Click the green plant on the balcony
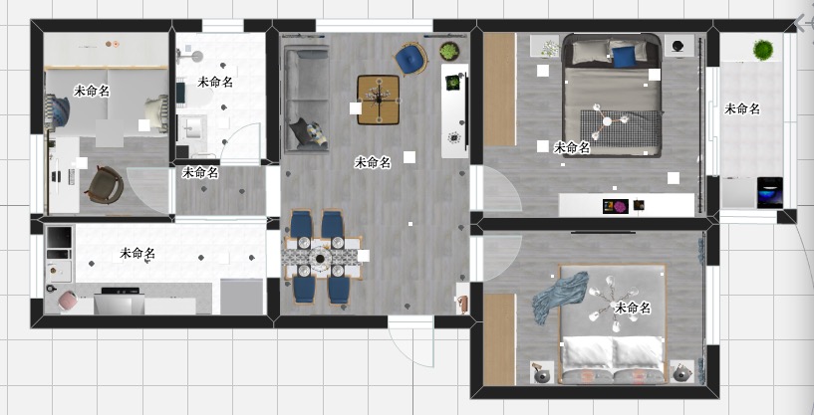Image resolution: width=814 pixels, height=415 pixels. click(x=762, y=50)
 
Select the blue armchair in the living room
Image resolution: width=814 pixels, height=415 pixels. click(x=411, y=58)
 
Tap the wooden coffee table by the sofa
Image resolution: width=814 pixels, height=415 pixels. click(x=379, y=100)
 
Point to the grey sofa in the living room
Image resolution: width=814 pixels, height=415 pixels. click(x=307, y=99)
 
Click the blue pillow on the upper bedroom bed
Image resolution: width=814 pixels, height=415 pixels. click(x=624, y=57)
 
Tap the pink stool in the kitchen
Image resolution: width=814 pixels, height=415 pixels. click(x=67, y=301)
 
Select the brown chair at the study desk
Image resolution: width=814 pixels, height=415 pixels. click(x=105, y=185)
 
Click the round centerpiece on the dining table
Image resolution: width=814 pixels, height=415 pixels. click(x=320, y=258)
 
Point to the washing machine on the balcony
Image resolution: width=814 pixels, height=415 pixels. click(x=769, y=192)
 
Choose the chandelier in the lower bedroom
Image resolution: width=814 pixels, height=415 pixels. click(x=613, y=305)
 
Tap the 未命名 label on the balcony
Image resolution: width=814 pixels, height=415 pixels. click(x=742, y=108)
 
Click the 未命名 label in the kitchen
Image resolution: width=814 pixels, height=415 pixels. click(x=137, y=253)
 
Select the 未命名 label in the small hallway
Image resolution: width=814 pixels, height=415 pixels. click(x=200, y=173)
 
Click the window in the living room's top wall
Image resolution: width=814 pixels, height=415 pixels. click(x=375, y=26)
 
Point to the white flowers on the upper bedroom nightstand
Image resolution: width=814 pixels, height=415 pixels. click(x=550, y=48)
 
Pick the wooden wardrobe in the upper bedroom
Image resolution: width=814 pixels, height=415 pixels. click(x=499, y=90)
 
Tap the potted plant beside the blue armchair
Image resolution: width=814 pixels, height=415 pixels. click(x=449, y=51)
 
